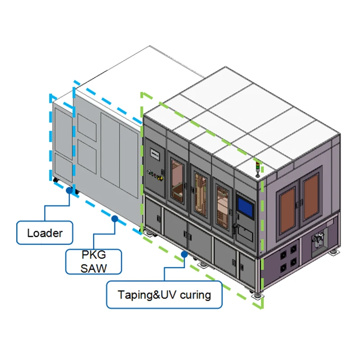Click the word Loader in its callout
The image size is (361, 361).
click(45, 233)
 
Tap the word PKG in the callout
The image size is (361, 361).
click(94, 255)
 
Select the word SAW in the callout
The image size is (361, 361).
click(94, 268)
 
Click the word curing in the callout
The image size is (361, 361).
click(195, 295)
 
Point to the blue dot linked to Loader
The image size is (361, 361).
click(69, 190)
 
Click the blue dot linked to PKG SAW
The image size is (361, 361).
click(115, 219)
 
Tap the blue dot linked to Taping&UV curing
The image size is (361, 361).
click(184, 254)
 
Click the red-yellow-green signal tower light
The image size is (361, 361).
click(258, 168)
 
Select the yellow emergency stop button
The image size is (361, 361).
click(161, 178)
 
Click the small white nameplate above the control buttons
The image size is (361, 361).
click(154, 154)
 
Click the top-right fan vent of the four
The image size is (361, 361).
click(293, 250)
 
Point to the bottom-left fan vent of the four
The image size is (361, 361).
click(283, 268)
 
